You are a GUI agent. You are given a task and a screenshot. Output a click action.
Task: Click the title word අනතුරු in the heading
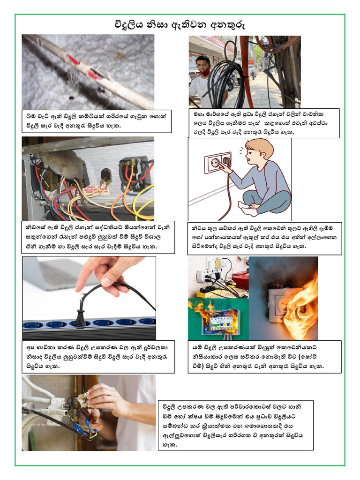(227, 25)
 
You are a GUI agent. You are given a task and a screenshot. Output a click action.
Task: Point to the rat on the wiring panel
(63, 165)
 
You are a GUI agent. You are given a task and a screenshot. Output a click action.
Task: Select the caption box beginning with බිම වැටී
(97, 121)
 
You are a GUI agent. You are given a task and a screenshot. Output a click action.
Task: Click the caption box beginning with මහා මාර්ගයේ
(264, 123)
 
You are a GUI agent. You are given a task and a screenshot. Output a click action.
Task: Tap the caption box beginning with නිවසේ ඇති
(98, 237)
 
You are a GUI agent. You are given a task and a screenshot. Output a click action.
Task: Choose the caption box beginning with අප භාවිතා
(98, 357)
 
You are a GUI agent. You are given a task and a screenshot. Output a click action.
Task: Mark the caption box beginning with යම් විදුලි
(264, 357)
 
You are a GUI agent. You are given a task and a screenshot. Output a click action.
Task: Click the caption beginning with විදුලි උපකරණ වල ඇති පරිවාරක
(236, 425)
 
